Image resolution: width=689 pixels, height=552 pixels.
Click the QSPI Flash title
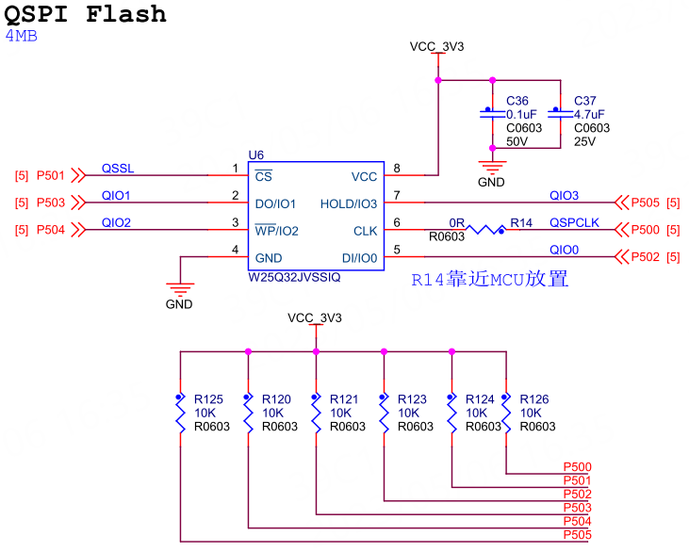pyautogui.click(x=86, y=14)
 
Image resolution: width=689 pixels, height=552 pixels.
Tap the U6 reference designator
pyautogui.click(x=256, y=154)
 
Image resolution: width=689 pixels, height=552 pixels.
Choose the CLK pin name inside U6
pyautogui.click(x=365, y=230)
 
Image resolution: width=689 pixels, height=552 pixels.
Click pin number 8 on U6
pyautogui.click(x=397, y=169)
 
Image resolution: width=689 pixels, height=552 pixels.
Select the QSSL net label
pyautogui.click(x=118, y=169)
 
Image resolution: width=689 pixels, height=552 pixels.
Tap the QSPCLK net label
pyautogui.click(x=575, y=223)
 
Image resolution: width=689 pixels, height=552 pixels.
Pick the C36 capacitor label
pyautogui.click(x=517, y=101)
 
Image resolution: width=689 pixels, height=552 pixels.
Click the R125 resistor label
pyautogui.click(x=209, y=398)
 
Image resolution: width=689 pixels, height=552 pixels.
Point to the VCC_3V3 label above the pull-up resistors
pyautogui.click(x=315, y=318)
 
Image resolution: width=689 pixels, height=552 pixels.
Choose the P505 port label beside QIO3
pyautogui.click(x=646, y=203)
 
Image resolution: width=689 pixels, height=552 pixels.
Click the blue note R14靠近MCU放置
pyautogui.click(x=490, y=280)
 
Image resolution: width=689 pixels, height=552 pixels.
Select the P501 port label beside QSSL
pyautogui.click(x=51, y=175)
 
